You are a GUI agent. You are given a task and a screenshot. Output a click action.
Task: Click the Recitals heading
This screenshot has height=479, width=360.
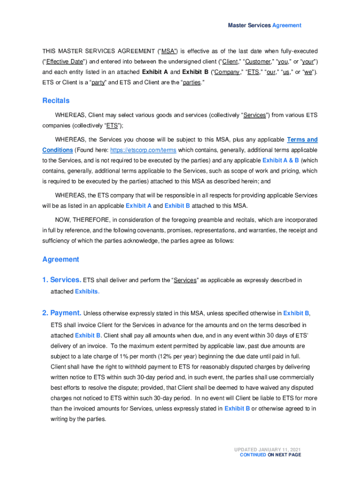(56, 101)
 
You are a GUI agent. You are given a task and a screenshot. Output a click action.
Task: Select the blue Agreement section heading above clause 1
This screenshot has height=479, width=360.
(61, 259)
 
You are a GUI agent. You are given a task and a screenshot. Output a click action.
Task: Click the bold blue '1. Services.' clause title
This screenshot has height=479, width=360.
(61, 280)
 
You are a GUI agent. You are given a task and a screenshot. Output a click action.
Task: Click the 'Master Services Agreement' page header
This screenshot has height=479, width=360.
(265, 25)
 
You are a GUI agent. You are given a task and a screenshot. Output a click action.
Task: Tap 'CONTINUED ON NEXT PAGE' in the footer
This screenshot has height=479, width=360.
(270, 455)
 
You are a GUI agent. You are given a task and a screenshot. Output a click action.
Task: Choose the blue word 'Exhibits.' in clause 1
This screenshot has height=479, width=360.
(87, 291)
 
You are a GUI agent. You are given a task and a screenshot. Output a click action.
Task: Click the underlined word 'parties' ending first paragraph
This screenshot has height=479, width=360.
(191, 83)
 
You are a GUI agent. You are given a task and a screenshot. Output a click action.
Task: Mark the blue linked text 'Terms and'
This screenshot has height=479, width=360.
(302, 140)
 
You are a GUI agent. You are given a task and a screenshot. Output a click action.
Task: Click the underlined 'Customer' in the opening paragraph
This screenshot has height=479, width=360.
(259, 62)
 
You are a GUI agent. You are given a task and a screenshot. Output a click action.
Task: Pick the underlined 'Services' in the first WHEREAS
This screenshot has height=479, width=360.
(254, 115)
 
